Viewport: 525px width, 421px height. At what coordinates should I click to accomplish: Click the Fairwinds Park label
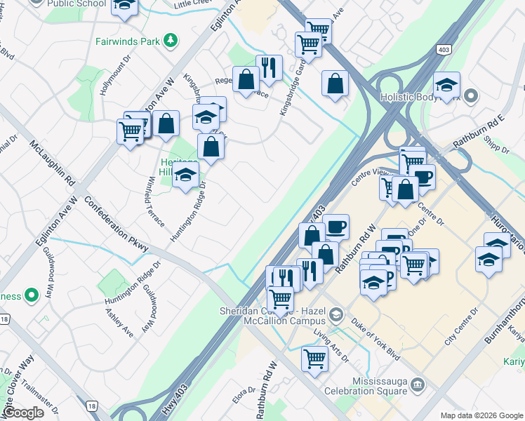coord(128,40)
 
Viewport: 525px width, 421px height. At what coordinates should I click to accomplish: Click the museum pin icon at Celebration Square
coord(419,385)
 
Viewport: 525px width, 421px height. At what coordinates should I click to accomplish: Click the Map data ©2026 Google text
coord(480,415)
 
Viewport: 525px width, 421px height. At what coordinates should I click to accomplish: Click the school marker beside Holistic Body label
coord(446,86)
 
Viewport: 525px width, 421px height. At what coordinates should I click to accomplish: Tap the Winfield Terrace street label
coord(155,203)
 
